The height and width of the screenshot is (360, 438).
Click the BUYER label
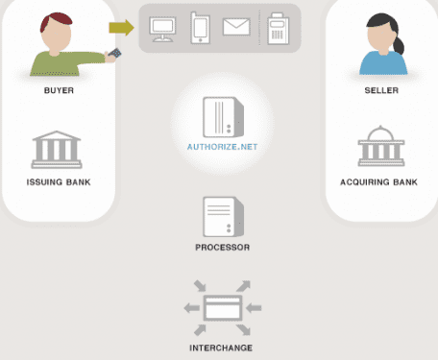point(59,91)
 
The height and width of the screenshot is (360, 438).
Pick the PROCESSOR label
point(223,247)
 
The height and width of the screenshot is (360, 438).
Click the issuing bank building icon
point(58,150)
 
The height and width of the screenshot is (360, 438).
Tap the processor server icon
point(221,217)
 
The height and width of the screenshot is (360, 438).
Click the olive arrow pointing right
point(121,28)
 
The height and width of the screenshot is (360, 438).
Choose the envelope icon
point(236,28)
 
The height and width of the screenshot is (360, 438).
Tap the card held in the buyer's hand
point(116,54)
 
